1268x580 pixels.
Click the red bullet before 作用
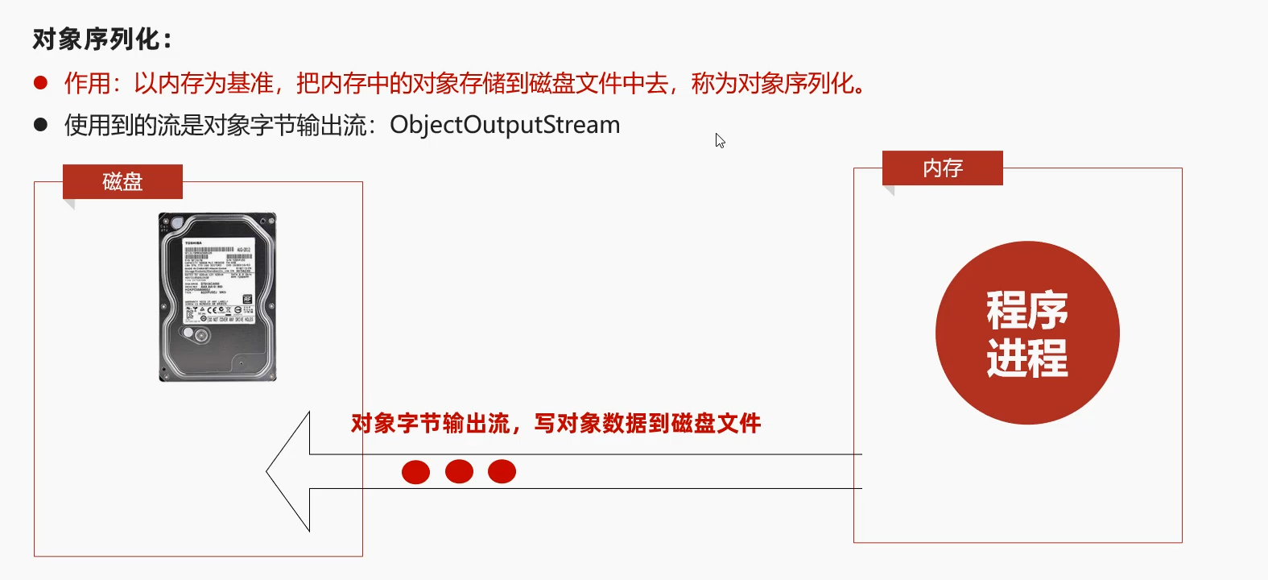pyautogui.click(x=41, y=82)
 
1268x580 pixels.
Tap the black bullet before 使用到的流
pyautogui.click(x=41, y=125)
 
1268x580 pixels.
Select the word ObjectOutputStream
pyautogui.click(x=505, y=125)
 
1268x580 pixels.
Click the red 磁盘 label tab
pyautogui.click(x=122, y=182)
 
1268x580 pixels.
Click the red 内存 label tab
pyautogui.click(x=943, y=168)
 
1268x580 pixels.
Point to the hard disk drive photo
pyautogui.click(x=217, y=296)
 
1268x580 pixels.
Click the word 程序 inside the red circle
pyautogui.click(x=1027, y=310)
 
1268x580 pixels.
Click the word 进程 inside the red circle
pyautogui.click(x=1027, y=358)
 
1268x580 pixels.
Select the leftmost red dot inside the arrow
pyautogui.click(x=415, y=471)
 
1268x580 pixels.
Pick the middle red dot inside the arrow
pyautogui.click(x=459, y=471)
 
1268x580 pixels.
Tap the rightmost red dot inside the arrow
pyautogui.click(x=502, y=471)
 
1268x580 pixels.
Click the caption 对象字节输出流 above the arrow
pyautogui.click(x=431, y=424)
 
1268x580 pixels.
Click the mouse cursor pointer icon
pyautogui.click(x=720, y=141)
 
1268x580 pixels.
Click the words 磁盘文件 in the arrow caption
pyautogui.click(x=716, y=424)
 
